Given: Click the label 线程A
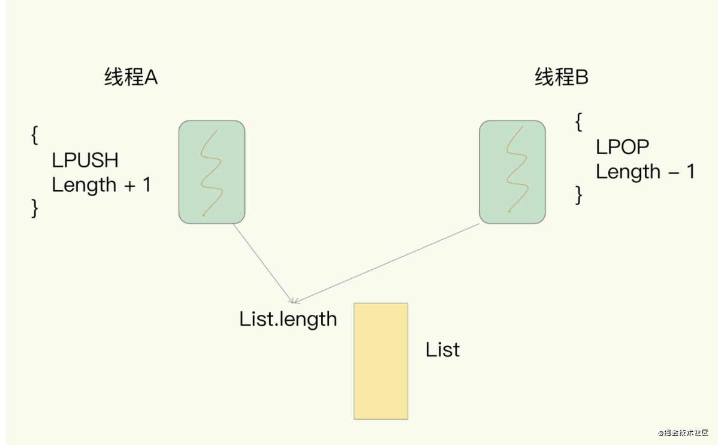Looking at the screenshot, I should [x=131, y=78].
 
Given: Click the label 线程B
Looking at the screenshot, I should [x=562, y=78].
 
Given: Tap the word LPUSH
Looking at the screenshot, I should [x=85, y=160].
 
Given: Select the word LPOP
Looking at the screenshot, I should [x=623, y=147].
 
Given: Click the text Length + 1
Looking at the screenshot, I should [x=101, y=185].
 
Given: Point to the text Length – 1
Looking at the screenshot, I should [x=645, y=172].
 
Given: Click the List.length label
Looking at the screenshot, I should [x=288, y=318].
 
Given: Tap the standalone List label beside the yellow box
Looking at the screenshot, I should [x=442, y=350].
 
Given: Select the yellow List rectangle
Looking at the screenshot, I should [x=381, y=360].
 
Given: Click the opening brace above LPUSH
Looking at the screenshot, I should [x=35, y=134].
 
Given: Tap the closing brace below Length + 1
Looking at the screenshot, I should [x=35, y=208].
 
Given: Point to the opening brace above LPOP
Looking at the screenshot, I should [x=578, y=122].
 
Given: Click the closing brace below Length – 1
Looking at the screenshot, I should [x=578, y=195].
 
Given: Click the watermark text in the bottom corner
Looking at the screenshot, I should [x=683, y=432].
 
